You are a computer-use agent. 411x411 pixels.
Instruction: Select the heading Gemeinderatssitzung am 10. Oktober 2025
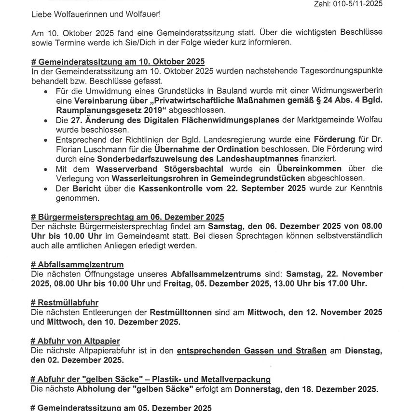click(117, 61)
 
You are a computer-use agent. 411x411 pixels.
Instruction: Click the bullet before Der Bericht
click(46, 189)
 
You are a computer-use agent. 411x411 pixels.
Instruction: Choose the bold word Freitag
click(178, 284)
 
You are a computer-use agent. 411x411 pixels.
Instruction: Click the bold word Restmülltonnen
click(181, 312)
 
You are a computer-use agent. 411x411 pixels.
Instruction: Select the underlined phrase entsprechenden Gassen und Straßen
click(252, 351)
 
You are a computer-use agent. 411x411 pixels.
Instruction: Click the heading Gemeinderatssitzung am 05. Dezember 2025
click(121, 407)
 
